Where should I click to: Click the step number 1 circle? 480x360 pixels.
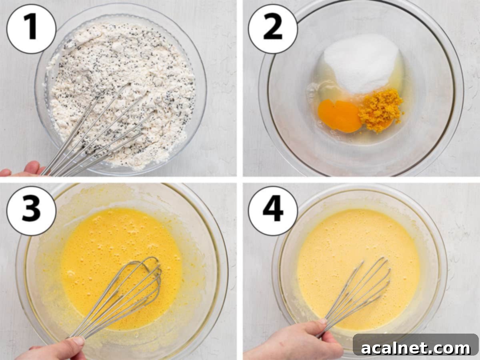pos(31,29)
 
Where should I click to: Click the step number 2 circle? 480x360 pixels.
pos(273,29)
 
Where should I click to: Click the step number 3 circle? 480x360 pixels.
pos(31,210)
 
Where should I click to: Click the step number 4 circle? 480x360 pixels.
pos(273,210)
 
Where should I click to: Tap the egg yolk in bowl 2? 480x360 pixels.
pos(339,116)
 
